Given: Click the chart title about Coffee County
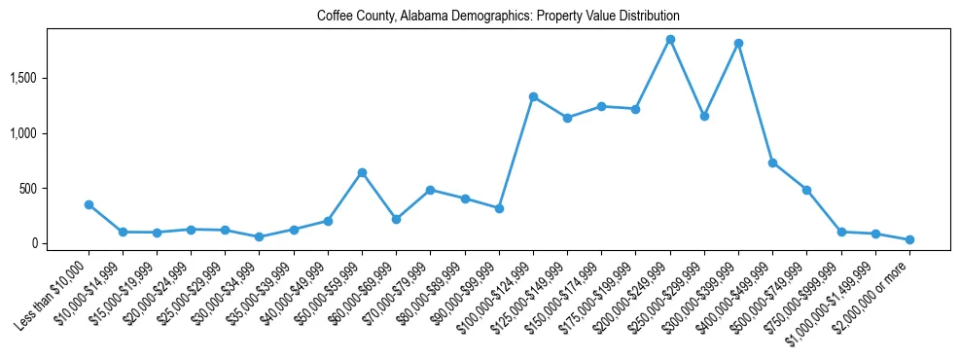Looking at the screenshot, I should (498, 17).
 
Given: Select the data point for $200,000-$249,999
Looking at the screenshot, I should (670, 39).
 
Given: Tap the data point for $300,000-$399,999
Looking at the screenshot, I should (738, 43).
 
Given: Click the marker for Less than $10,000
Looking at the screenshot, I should (89, 204).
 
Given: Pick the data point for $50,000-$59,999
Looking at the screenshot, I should (362, 172).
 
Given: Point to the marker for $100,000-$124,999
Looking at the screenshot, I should (533, 96).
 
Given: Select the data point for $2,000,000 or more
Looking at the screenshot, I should (909, 239).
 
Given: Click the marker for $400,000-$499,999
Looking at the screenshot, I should (772, 162).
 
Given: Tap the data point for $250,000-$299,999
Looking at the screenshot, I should (704, 116).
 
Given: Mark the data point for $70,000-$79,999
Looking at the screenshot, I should (430, 190).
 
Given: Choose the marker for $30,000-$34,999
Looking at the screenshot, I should (259, 236).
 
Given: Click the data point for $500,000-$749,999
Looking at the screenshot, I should (806, 190).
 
